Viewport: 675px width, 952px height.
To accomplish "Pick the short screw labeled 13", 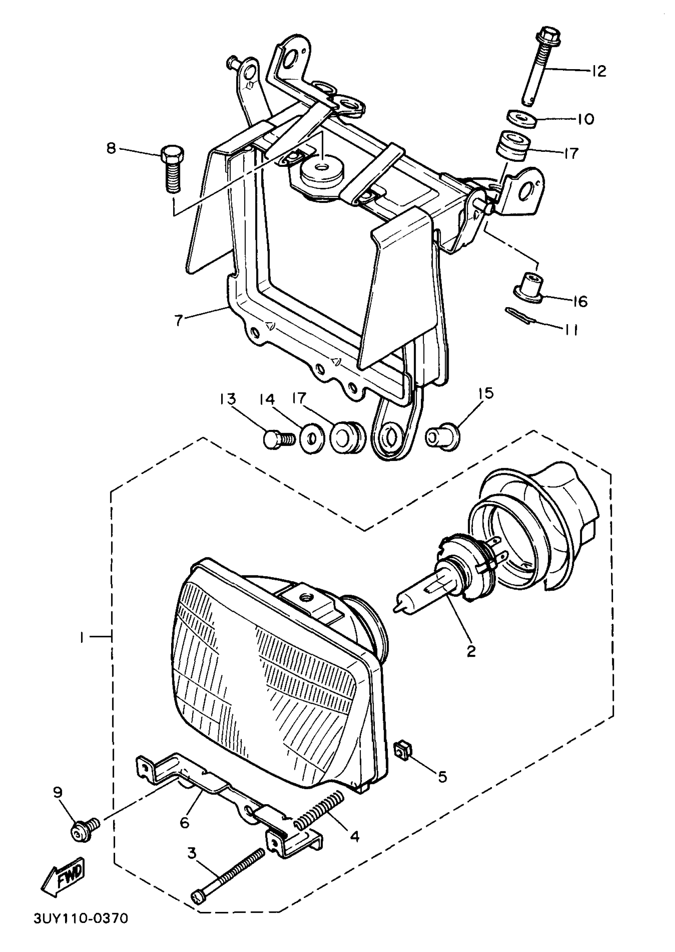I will (x=278, y=439).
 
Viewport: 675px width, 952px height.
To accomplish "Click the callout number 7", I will (x=179, y=321).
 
